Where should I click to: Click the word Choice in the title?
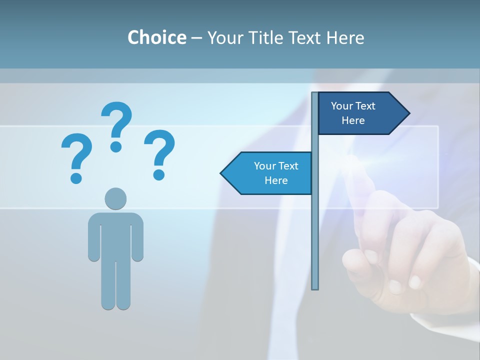click(156, 38)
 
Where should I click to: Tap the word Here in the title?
click(345, 38)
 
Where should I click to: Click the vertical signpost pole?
click(315, 225)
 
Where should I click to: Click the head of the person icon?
click(115, 198)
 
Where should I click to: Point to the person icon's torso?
click(115, 235)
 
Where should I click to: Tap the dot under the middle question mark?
click(116, 146)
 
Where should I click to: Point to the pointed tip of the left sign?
click(222, 173)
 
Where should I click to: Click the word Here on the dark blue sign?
click(353, 120)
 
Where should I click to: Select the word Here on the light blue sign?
click(276, 180)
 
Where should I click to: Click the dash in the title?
click(196, 38)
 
